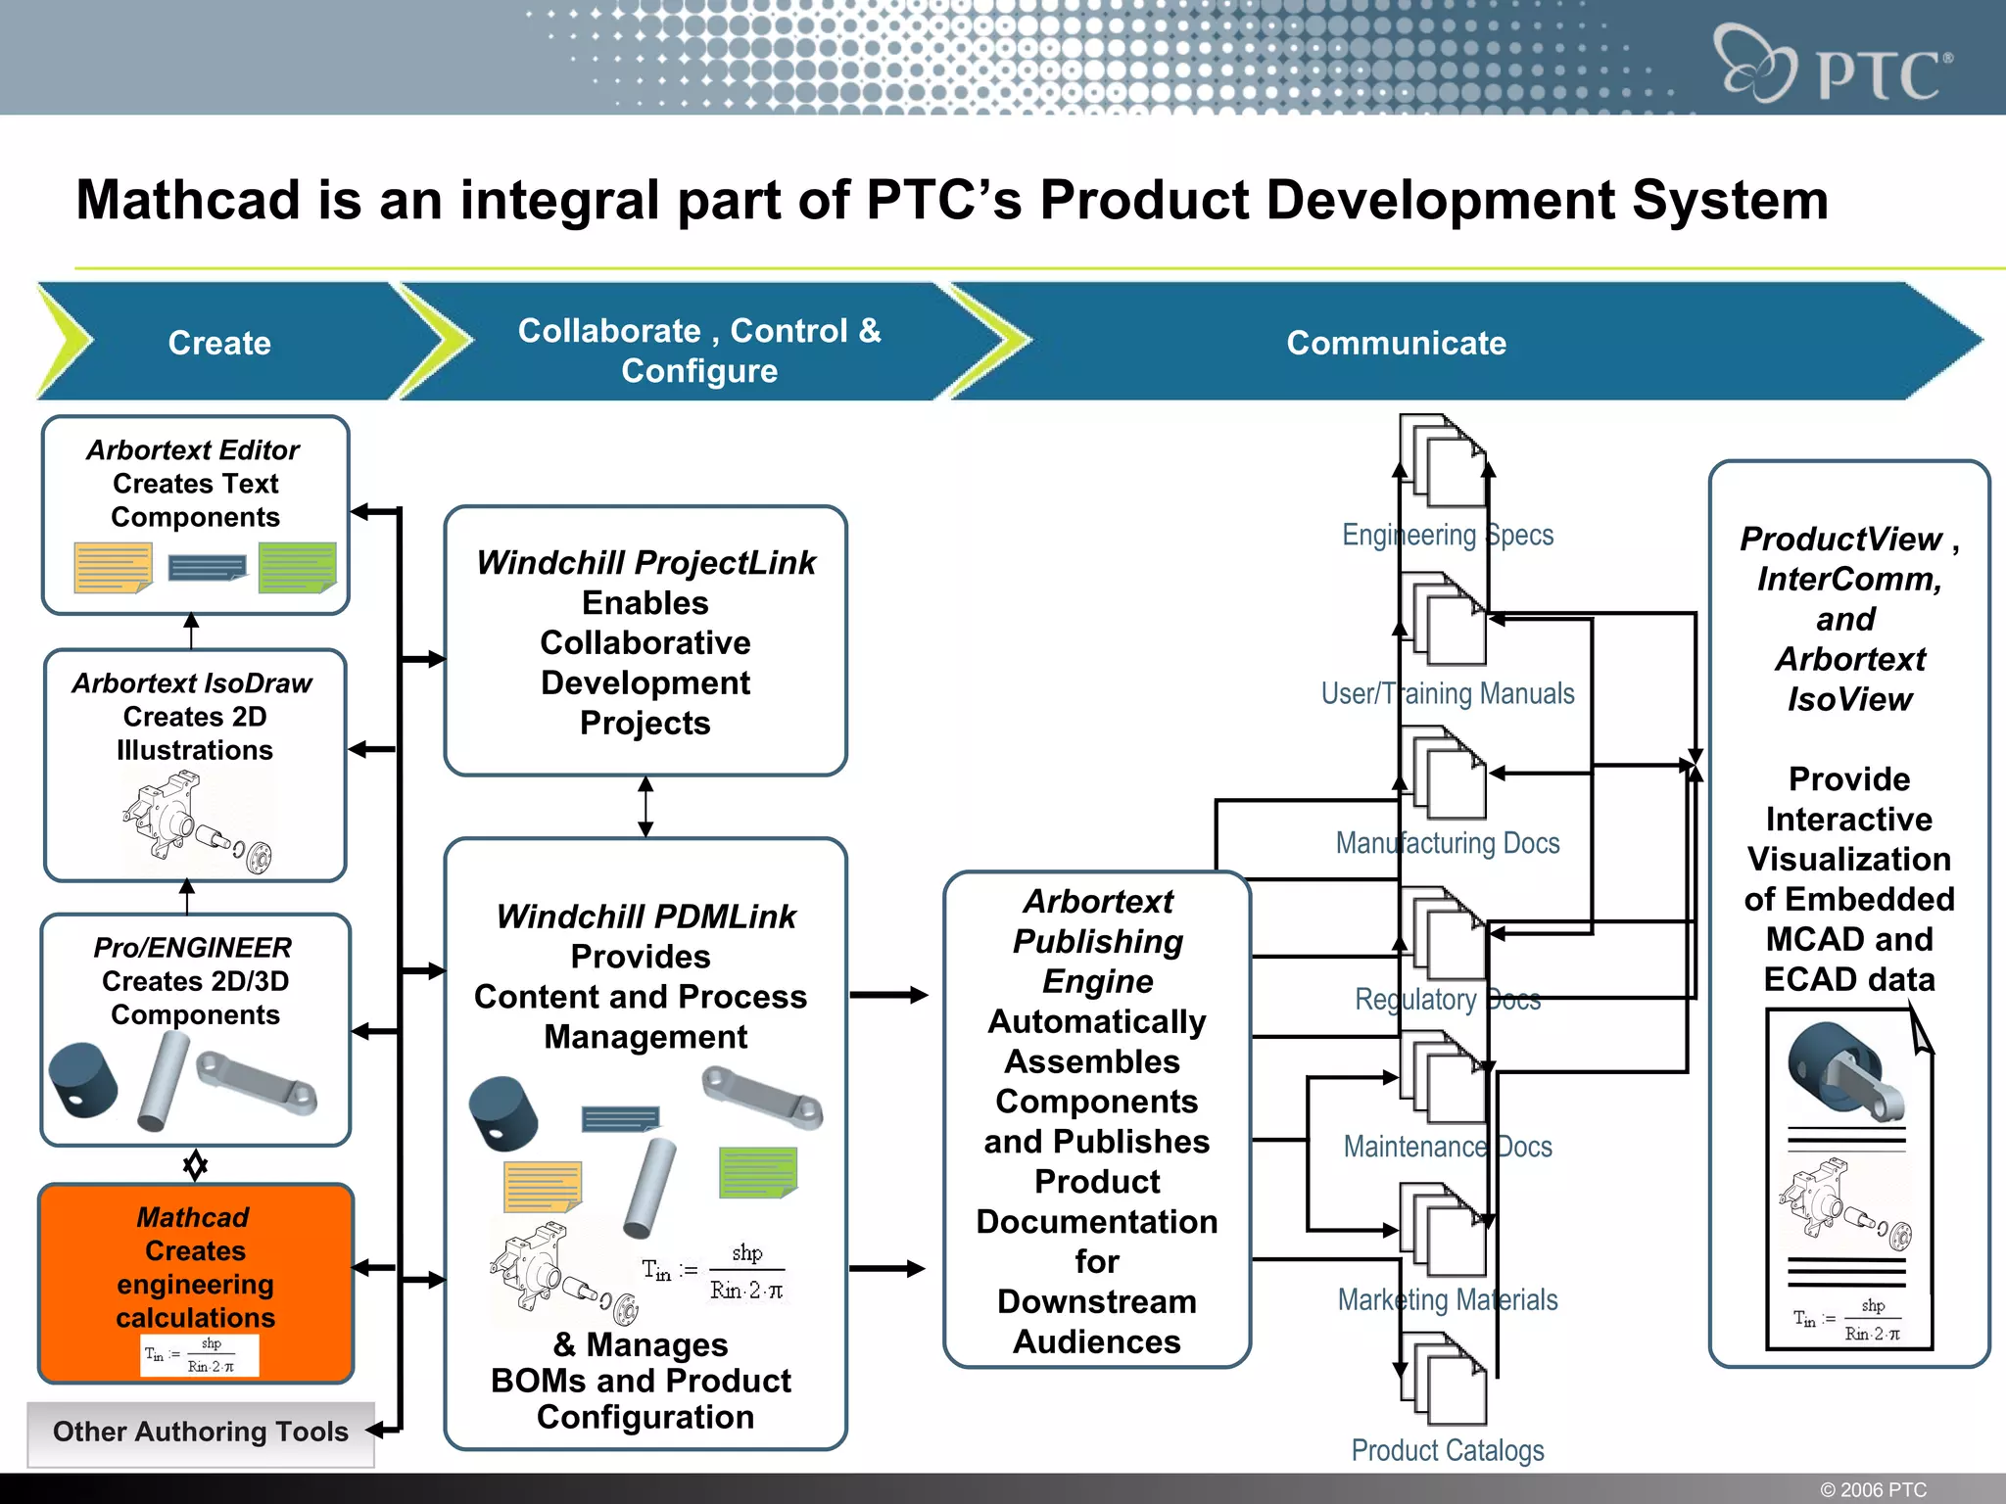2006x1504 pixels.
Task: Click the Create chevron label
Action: pos(219,343)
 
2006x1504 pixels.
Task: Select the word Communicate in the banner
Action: pos(1396,343)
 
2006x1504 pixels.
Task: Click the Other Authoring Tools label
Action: pos(200,1432)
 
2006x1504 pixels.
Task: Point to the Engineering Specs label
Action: pos(1447,535)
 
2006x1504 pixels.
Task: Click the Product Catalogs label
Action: pos(1447,1450)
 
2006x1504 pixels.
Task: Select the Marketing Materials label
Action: pos(1447,1299)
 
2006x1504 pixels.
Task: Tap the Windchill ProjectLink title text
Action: pos(645,563)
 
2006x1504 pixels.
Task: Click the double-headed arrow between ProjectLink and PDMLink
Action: pos(645,806)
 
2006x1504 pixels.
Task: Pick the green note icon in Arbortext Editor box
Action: pos(297,568)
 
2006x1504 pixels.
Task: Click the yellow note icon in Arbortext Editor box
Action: pos(114,568)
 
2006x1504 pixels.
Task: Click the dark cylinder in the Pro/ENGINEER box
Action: pos(82,1080)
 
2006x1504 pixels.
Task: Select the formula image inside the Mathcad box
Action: pos(200,1355)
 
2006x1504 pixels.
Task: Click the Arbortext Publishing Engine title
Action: pos(1097,940)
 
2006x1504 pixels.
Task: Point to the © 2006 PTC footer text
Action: pos(1873,1489)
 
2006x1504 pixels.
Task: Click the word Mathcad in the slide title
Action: pos(189,200)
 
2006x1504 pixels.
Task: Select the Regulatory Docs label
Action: pos(1447,999)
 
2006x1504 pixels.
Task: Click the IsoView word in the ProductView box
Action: pos(1849,699)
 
